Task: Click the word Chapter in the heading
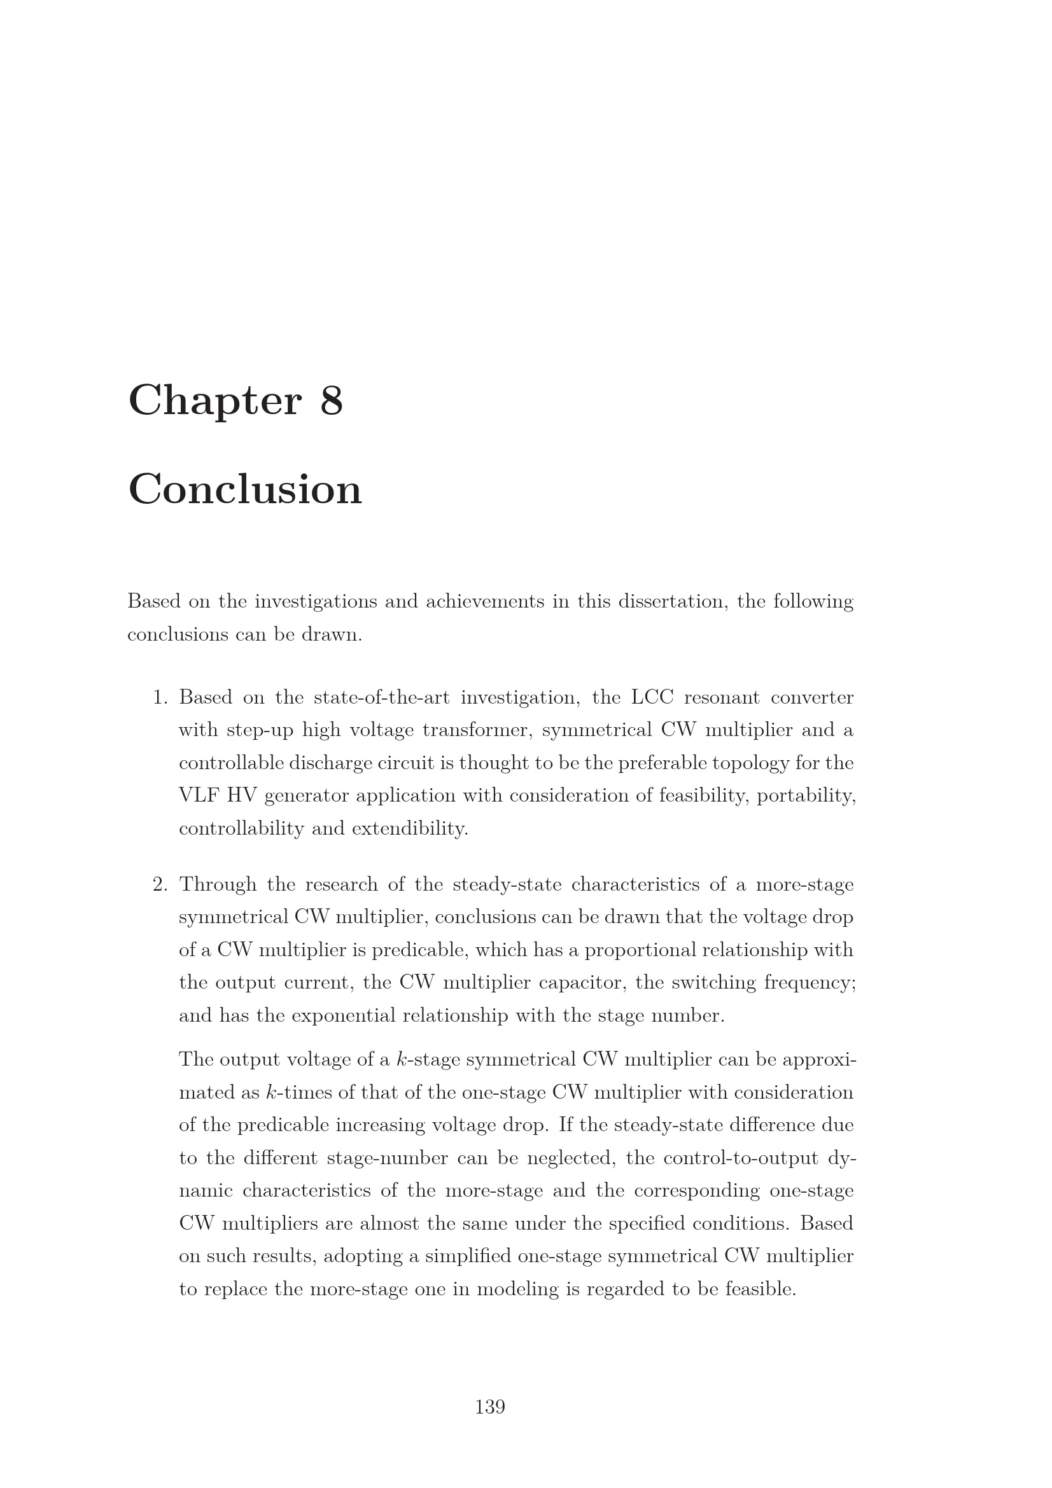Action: (x=214, y=401)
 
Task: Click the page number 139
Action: (x=490, y=1407)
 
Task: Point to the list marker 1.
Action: (x=160, y=698)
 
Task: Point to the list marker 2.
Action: (x=160, y=885)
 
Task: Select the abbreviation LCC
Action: (x=652, y=698)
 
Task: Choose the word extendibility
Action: (x=410, y=829)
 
